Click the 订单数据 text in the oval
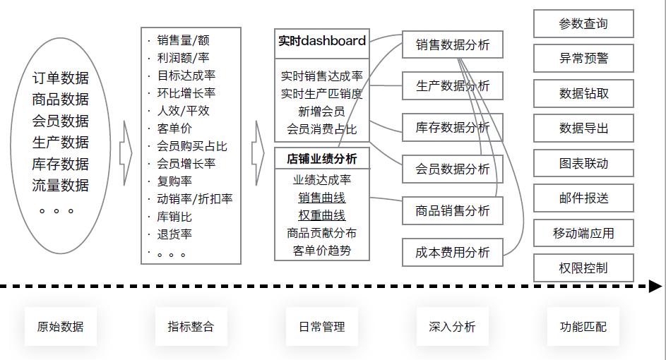(x=61, y=78)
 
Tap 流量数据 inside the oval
(x=61, y=186)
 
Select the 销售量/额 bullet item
(x=183, y=40)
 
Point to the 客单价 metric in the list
(x=174, y=128)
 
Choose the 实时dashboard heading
(x=322, y=41)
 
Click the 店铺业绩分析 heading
(x=322, y=159)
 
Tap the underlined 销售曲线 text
(x=322, y=198)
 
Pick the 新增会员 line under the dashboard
(x=322, y=112)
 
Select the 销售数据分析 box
(x=453, y=45)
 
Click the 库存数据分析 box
(x=453, y=128)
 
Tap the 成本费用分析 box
(x=453, y=252)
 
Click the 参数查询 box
(x=583, y=24)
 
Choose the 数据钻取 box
(x=583, y=93)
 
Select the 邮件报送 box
(x=583, y=198)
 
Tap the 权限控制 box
(x=583, y=268)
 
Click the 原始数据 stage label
(x=61, y=327)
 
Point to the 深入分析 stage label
(x=453, y=327)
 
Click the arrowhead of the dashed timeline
(x=655, y=286)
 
